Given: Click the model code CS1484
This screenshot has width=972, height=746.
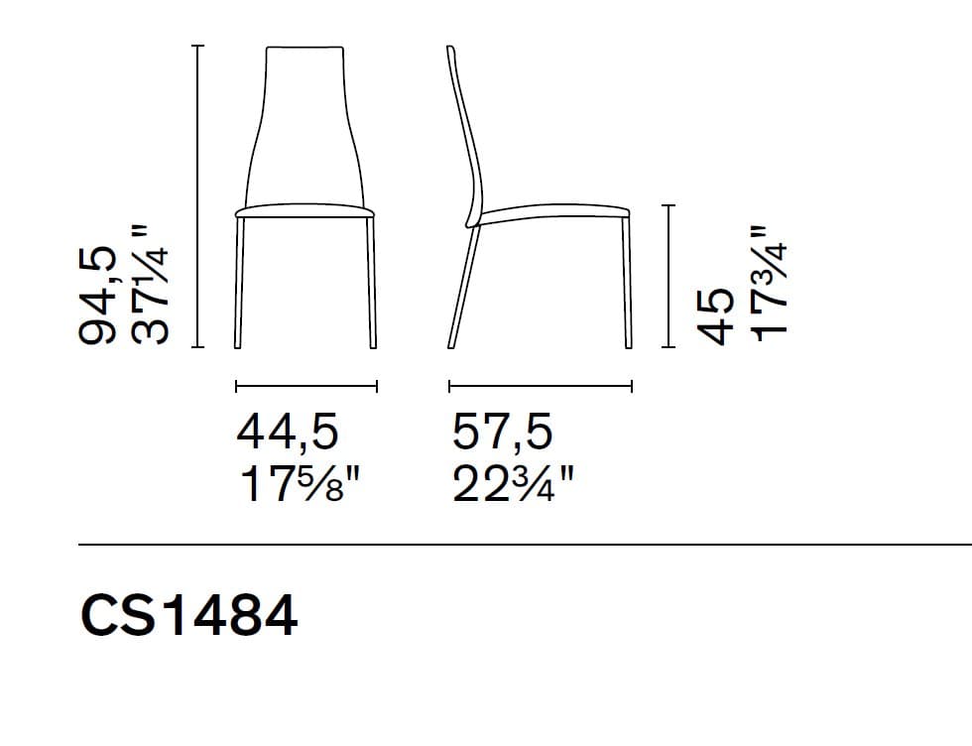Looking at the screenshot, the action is coord(189,615).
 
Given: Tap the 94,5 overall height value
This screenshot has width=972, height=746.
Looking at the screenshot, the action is coord(98,296).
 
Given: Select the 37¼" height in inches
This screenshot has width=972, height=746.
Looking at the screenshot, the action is coord(149,284).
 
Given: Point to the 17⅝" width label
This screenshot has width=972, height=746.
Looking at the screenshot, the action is coord(300,484).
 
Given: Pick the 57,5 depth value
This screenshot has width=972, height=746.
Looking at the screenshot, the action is coord(502,432).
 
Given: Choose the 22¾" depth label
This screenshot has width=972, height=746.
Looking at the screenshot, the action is coord(514,484).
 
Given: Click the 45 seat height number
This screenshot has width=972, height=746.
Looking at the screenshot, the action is coord(715,316).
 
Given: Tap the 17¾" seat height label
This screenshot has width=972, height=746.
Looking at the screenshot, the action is coord(769,283).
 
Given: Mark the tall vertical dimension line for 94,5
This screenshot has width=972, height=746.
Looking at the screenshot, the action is coord(197,196).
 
